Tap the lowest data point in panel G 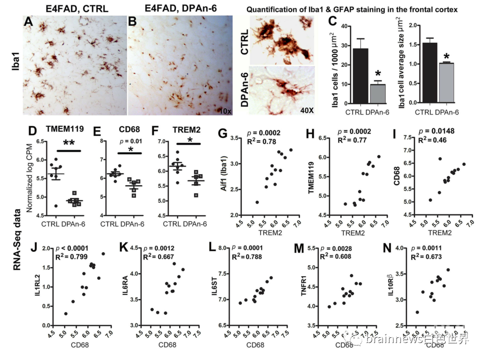(x=257, y=202)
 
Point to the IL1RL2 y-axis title (x=36, y=286)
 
